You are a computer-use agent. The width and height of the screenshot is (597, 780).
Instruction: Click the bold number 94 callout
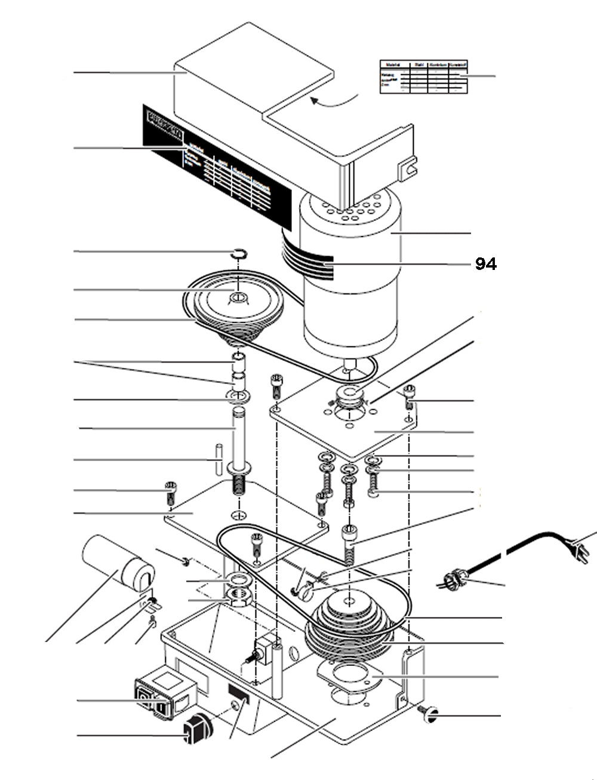(485, 264)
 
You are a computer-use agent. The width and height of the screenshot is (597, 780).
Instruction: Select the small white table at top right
(423, 76)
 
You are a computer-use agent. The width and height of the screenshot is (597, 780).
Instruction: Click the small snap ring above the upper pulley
(239, 254)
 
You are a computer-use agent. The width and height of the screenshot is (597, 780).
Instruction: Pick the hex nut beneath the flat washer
(239, 597)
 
